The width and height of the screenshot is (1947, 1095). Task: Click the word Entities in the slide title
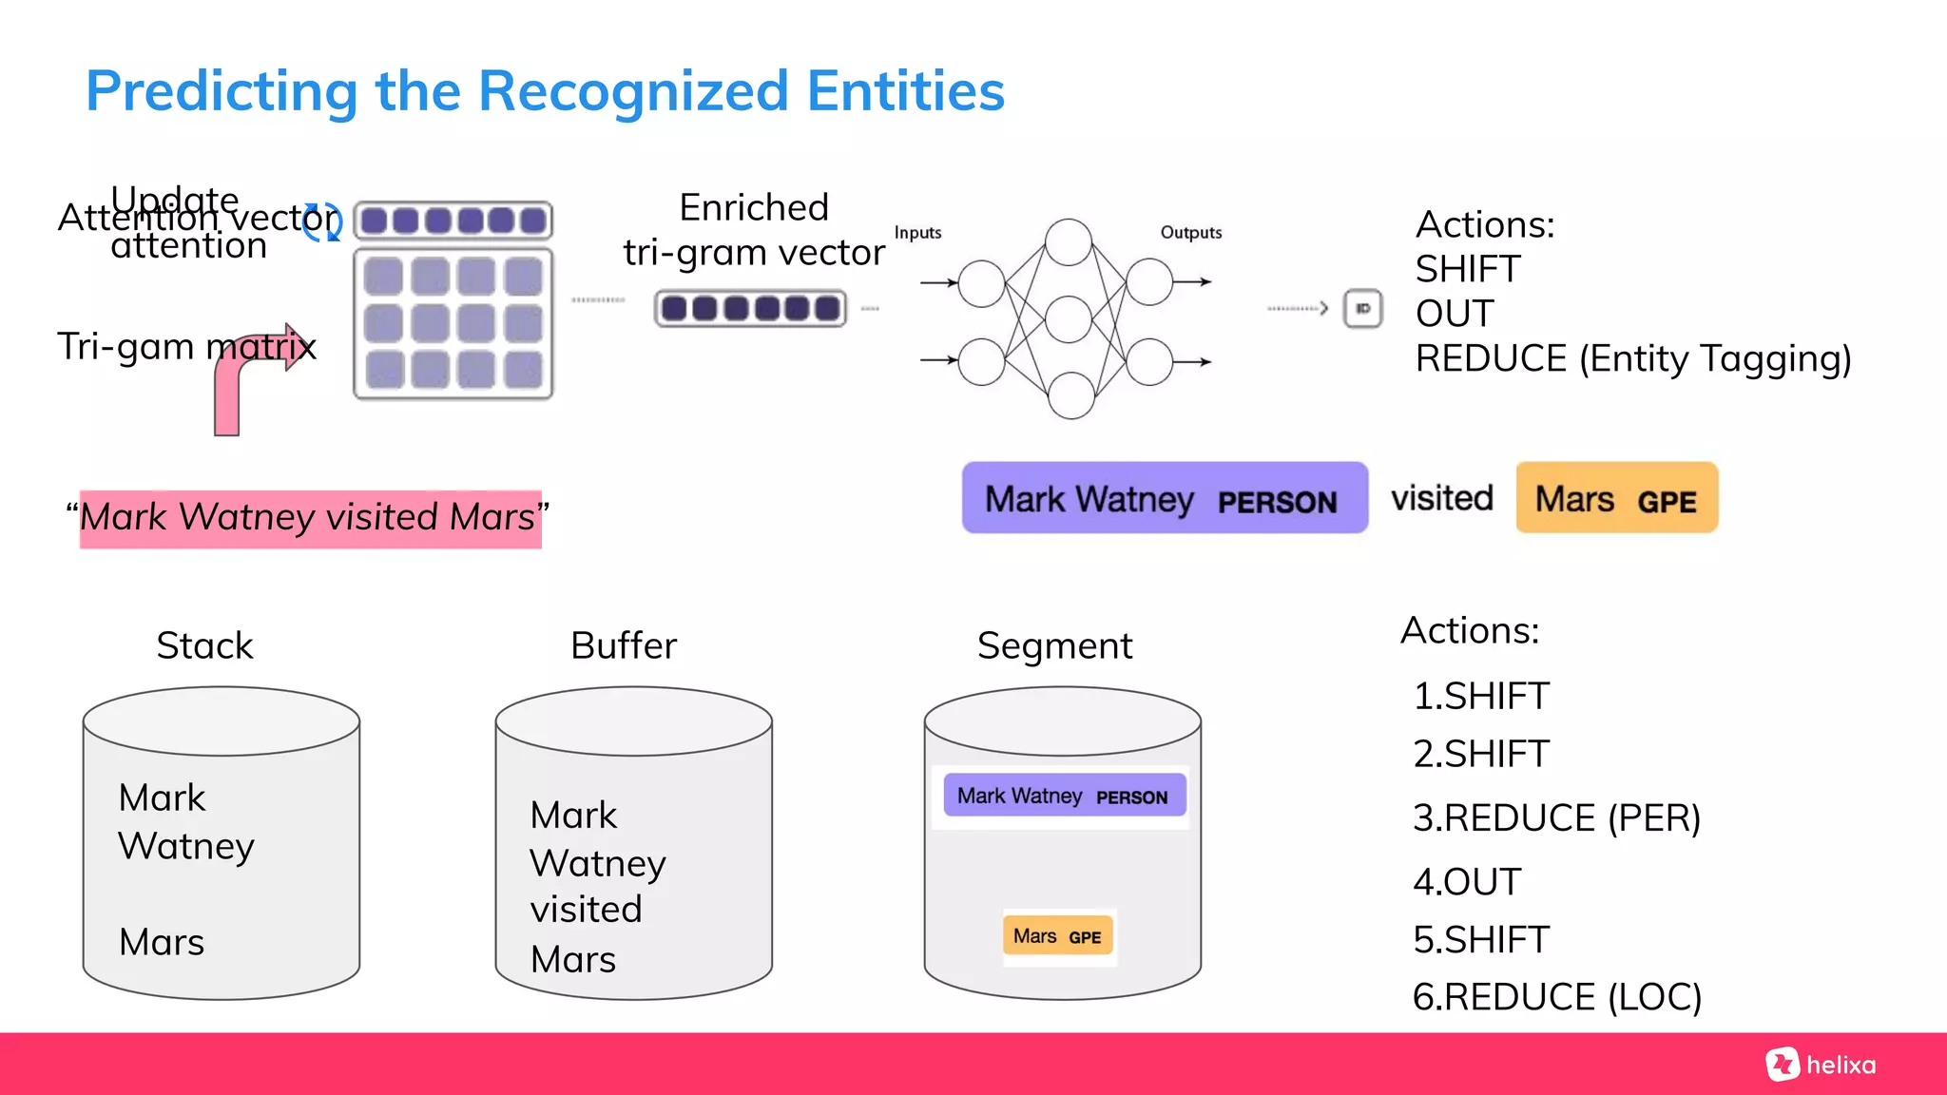[x=905, y=91]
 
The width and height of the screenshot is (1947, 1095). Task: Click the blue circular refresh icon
[x=322, y=221]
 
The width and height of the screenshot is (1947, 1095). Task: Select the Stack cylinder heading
[x=204, y=645]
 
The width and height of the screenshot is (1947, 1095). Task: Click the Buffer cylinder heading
[x=624, y=645]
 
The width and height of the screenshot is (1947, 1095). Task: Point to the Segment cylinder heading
[x=1054, y=645]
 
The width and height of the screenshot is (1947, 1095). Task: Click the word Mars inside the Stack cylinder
[x=162, y=942]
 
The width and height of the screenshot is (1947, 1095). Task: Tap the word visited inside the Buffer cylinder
[x=587, y=910]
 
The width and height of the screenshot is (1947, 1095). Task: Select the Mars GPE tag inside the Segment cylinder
[x=1057, y=936]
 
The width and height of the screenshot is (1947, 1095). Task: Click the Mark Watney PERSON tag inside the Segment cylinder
[x=1063, y=796]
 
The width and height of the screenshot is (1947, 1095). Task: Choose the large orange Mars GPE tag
[x=1616, y=498]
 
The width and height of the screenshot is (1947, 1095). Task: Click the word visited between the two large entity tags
[x=1442, y=498]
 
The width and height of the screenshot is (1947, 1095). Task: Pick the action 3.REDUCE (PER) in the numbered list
[x=1556, y=818]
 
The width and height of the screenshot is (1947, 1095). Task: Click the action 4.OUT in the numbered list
[x=1467, y=882]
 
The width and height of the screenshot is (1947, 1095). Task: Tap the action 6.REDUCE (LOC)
[x=1556, y=997]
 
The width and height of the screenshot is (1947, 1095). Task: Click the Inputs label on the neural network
[x=917, y=233]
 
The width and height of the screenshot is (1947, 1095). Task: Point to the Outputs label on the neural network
[x=1190, y=233]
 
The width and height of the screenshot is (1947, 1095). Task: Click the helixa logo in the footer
[x=1821, y=1065]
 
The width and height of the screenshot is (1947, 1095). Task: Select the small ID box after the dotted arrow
[x=1362, y=309]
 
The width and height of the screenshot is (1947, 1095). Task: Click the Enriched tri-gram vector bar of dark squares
[x=750, y=309]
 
